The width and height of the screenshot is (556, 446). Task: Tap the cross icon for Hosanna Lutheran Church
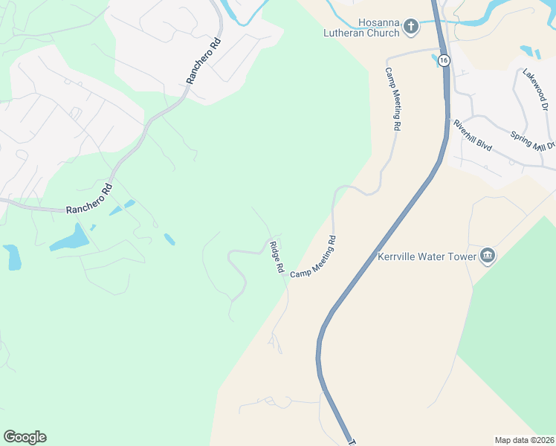click(410, 28)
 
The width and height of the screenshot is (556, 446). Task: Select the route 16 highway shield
click(443, 60)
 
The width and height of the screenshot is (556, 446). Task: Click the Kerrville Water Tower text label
click(426, 256)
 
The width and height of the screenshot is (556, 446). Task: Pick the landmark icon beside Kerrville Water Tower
click(488, 256)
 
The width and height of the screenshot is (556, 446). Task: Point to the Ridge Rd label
click(277, 256)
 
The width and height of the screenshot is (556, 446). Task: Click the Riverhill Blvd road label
click(473, 135)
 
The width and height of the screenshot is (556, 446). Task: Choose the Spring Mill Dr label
click(533, 140)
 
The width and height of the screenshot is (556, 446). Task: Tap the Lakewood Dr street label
click(535, 90)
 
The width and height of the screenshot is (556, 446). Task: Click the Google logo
click(25, 437)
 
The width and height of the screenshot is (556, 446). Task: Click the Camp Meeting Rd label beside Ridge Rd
click(314, 257)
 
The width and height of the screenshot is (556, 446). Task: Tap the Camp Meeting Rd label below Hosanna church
click(392, 99)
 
